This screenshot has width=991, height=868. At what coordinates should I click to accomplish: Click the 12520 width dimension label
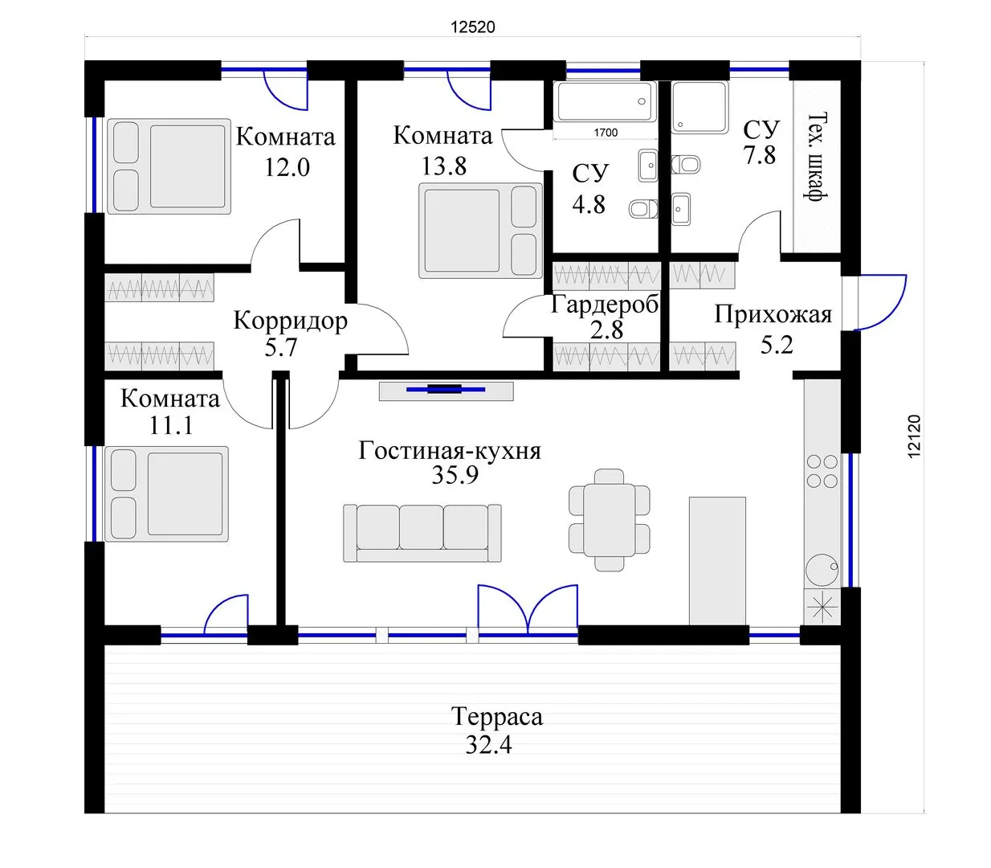[473, 27]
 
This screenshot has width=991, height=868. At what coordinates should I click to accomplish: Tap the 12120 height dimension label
[913, 436]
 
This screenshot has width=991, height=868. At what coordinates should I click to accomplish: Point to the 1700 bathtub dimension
[606, 133]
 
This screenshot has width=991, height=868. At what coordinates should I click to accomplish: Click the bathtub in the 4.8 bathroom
[605, 101]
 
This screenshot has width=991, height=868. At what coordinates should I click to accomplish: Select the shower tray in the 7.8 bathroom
[700, 107]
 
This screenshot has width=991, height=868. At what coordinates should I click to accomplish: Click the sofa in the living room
[422, 533]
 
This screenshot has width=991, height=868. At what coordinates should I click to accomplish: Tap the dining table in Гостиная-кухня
[610, 520]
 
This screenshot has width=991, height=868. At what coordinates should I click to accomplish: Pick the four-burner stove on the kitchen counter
[822, 471]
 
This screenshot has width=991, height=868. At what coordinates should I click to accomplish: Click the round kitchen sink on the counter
[822, 571]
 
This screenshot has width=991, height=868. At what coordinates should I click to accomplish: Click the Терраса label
[497, 716]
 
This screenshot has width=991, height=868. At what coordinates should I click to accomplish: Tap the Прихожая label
[773, 314]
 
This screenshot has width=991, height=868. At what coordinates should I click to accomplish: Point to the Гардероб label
[605, 305]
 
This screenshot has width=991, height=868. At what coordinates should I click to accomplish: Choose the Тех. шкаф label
[817, 157]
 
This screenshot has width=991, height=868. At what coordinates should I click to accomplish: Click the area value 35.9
[455, 475]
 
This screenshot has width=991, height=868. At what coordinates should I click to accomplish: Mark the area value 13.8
[443, 166]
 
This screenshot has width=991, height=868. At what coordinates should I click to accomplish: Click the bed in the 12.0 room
[169, 166]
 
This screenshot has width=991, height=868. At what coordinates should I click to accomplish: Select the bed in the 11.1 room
[166, 493]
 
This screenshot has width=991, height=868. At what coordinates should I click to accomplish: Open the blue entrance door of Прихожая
[879, 303]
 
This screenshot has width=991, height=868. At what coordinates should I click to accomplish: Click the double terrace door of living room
[528, 610]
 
